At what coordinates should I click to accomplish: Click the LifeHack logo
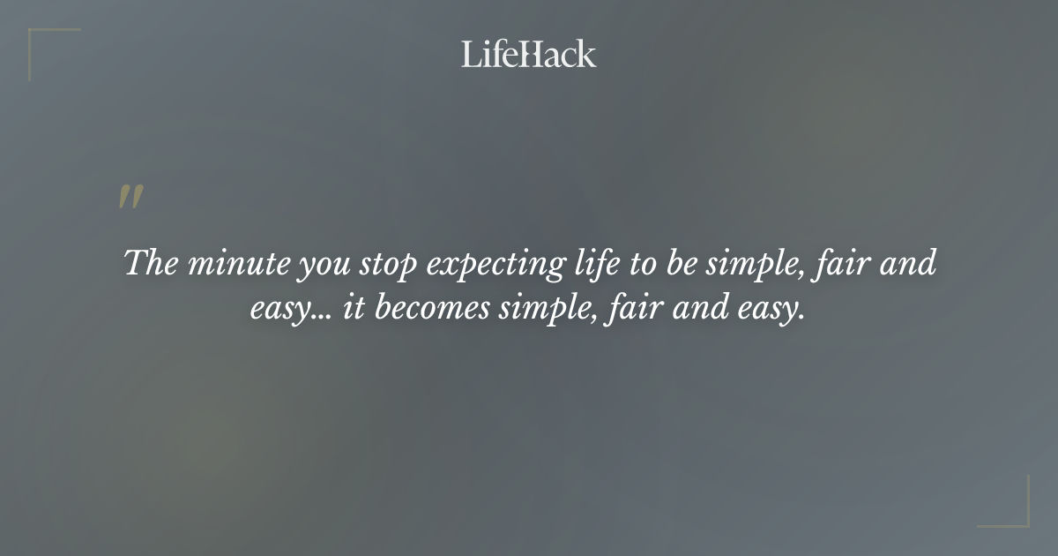(529, 54)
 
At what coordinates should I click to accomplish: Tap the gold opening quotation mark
(130, 198)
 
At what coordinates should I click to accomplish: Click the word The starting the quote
(151, 263)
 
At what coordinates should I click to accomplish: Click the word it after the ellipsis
(352, 312)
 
